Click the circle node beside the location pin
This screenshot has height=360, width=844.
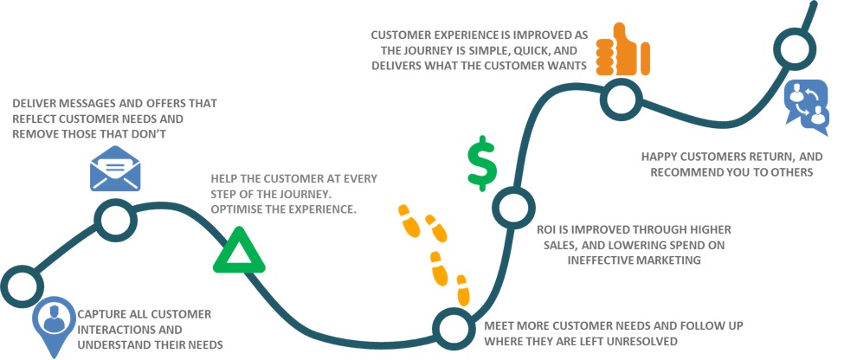pos(22,284)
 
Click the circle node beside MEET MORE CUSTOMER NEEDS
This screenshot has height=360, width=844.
pos(453,326)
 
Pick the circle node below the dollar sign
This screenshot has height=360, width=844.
pos(510,207)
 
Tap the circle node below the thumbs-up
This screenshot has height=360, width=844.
pos(620,97)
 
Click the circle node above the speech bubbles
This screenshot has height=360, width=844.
pos(792,50)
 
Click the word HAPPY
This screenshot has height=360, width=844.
pos(660,157)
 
